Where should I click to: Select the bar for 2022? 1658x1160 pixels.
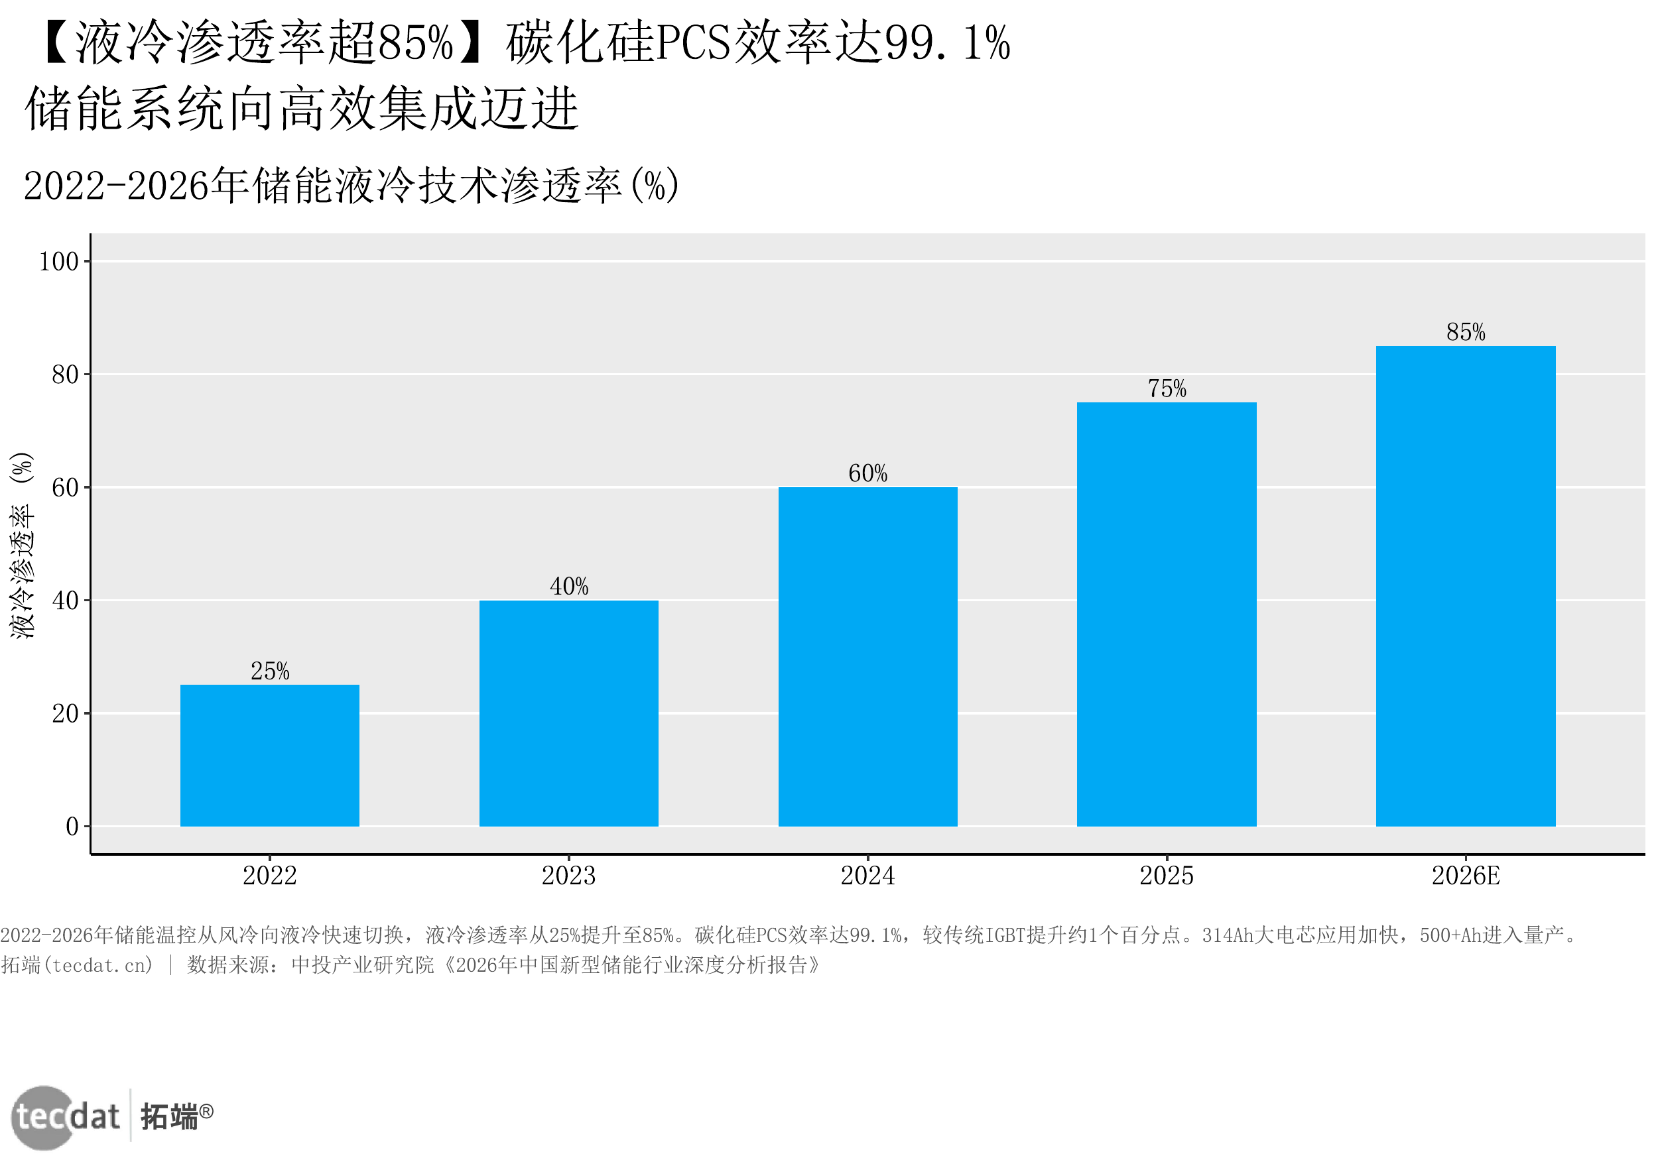[269, 755]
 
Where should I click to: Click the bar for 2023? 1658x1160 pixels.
[569, 713]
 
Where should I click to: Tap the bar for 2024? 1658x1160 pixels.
[868, 657]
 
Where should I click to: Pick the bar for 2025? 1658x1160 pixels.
[1167, 614]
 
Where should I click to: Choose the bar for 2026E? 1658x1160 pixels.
[1466, 586]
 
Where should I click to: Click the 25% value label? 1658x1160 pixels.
[270, 671]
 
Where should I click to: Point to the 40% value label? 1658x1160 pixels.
[569, 586]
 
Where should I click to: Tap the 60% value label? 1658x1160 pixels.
[868, 473]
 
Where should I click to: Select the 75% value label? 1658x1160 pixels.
[1167, 388]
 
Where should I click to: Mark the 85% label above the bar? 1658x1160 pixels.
[1466, 332]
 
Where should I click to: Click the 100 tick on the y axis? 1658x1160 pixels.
[58, 261]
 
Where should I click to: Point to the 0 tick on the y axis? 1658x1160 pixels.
[72, 827]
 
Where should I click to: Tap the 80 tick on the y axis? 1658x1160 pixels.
[65, 375]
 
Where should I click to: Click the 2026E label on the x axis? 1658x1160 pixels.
[1466, 876]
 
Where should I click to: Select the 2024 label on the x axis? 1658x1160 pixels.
[868, 876]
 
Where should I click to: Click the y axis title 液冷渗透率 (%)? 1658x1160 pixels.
[22, 545]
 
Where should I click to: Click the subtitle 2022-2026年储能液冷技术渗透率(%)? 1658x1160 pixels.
[351, 186]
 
